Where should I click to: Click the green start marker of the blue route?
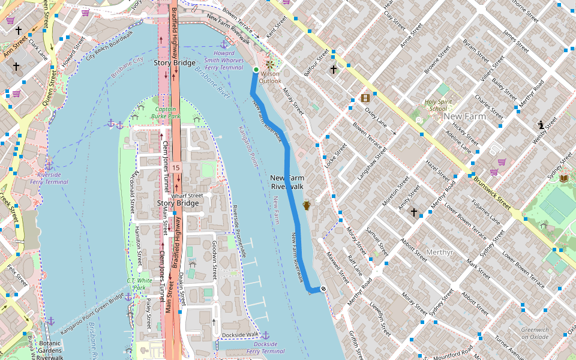[256, 70]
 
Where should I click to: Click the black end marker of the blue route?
[323, 289]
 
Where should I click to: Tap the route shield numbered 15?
[175, 167]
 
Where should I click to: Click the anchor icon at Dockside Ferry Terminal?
[266, 335]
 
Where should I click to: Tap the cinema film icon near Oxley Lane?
[365, 98]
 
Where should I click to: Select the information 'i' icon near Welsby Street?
[541, 125]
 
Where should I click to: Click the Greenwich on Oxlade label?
[535, 333]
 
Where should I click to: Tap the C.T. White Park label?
[139, 284]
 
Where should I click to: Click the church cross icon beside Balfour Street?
[334, 70]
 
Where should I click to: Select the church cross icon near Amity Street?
[413, 212]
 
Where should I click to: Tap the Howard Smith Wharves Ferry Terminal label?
[223, 60]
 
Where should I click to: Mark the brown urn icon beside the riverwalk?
[306, 205]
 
